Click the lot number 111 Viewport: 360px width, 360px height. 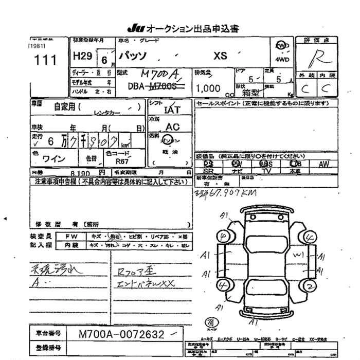point(45,60)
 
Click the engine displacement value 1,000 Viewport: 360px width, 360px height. point(208,88)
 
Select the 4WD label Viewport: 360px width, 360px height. point(282,60)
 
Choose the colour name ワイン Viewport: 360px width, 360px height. point(53,159)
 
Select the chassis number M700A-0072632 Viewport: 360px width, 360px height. point(122,335)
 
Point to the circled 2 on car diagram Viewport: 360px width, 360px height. point(310,285)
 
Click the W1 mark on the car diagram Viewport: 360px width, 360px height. point(298,254)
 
